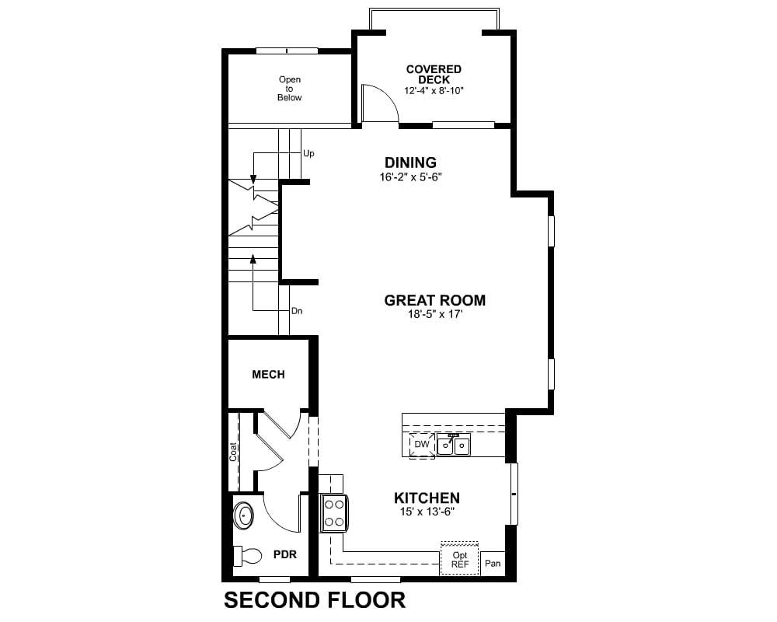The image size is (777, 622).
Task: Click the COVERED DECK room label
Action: click(x=434, y=75)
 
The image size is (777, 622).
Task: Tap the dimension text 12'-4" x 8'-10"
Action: click(x=434, y=91)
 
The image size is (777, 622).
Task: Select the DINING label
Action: click(x=410, y=162)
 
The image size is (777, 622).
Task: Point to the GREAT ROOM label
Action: click(x=434, y=300)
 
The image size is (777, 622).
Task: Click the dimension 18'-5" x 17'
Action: click(x=435, y=314)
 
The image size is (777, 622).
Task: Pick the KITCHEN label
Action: click(x=427, y=498)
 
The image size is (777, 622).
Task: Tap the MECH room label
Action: click(x=268, y=375)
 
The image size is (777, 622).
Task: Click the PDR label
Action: click(x=285, y=554)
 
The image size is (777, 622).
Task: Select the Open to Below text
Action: click(x=289, y=89)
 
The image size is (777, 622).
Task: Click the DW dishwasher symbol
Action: click(x=422, y=445)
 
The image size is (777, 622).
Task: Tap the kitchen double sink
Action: click(x=454, y=445)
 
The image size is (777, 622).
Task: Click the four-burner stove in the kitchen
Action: click(x=334, y=513)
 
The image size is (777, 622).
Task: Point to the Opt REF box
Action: click(x=459, y=559)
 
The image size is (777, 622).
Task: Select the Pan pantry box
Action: click(x=493, y=564)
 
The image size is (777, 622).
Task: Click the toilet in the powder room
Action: click(x=248, y=556)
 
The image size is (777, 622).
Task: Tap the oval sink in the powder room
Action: click(x=244, y=515)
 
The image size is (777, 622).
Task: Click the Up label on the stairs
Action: click(x=308, y=154)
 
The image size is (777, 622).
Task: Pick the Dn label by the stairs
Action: click(x=297, y=311)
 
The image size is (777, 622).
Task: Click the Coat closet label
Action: click(x=233, y=452)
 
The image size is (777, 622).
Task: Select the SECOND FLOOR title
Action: click(x=315, y=600)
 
